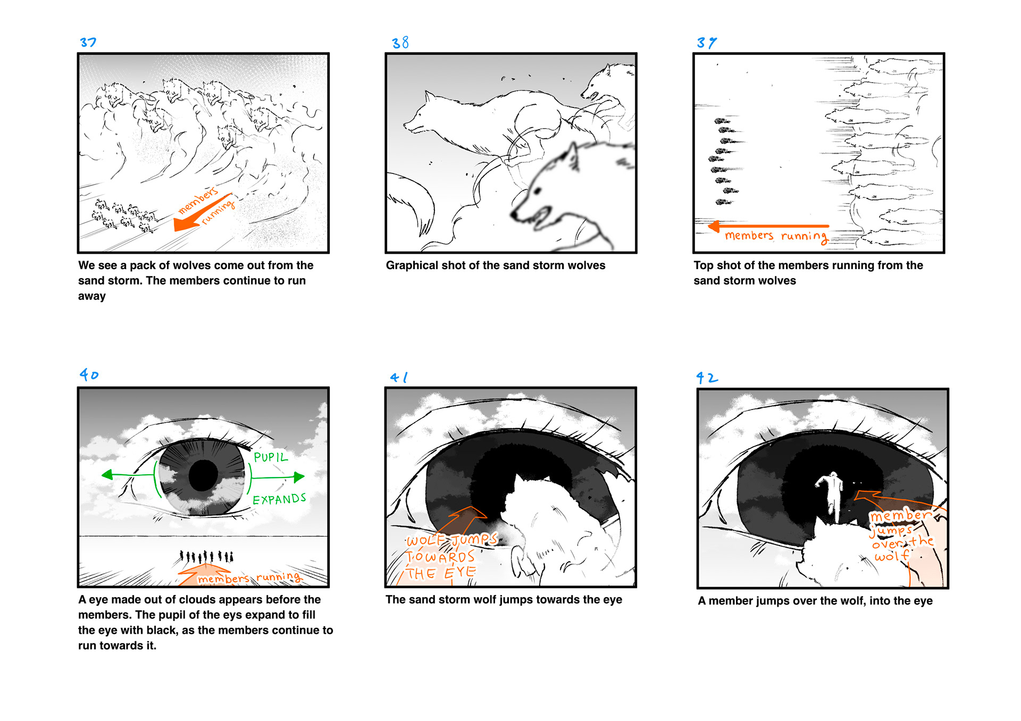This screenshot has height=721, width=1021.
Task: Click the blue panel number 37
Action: click(88, 43)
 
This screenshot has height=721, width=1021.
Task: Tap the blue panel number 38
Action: click(400, 43)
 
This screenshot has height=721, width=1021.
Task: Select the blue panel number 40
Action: click(89, 375)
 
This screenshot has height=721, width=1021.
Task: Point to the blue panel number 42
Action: click(707, 378)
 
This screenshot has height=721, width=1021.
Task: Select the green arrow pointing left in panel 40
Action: click(128, 474)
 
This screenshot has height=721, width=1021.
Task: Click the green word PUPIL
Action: click(271, 457)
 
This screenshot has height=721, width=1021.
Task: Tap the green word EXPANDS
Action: click(279, 499)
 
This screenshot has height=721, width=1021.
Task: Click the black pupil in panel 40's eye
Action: click(204, 475)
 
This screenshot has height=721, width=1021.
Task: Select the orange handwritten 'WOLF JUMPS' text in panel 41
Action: click(451, 540)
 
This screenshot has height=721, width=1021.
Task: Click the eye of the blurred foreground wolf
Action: click(538, 190)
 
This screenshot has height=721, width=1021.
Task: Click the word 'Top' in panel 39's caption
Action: click(703, 265)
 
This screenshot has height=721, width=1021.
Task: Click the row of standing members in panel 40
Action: click(206, 557)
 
